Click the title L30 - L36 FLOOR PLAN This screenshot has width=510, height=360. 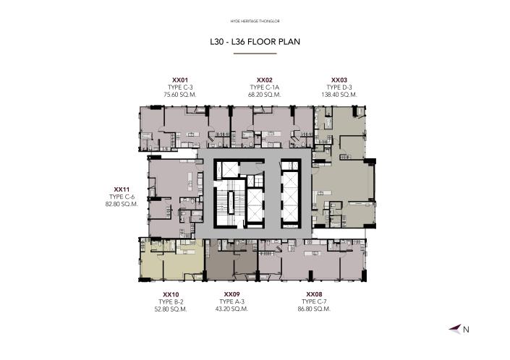pos(255,42)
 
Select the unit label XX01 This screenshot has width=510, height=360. pos(180,80)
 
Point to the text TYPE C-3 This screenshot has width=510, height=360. pos(180,87)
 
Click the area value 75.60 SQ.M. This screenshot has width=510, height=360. pos(180,95)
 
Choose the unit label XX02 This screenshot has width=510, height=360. pos(264,80)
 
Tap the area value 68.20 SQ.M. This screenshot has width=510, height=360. pos(264,95)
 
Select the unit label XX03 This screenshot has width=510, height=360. pos(339,80)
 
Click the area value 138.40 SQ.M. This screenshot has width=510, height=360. pos(339,95)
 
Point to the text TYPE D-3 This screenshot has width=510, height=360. pos(339,87)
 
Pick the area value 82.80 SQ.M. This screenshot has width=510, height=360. pos(121,204)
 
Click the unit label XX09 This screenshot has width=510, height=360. pos(232,293)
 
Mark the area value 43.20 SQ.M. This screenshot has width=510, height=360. pos(232,309)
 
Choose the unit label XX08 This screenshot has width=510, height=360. pos(314,293)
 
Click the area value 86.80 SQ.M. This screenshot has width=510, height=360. pos(314,309)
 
